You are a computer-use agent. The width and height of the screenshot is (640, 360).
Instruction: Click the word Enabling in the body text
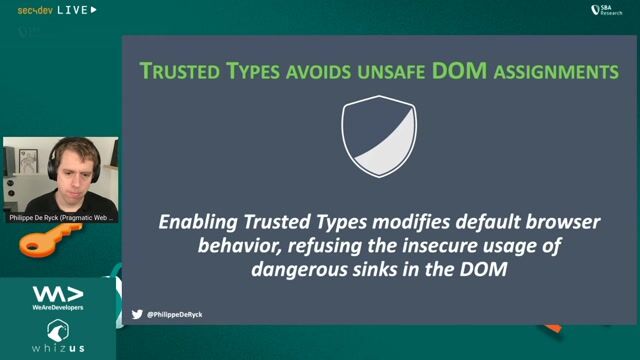tap(198, 222)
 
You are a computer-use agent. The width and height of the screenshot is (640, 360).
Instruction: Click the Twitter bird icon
tap(137, 314)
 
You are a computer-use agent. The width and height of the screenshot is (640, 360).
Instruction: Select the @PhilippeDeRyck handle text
tap(175, 314)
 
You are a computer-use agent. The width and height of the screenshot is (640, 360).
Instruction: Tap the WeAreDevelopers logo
tap(57, 297)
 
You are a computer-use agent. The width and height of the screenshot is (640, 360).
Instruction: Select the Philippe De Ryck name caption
tap(60, 216)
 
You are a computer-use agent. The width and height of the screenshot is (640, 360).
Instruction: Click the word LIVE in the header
tap(71, 10)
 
